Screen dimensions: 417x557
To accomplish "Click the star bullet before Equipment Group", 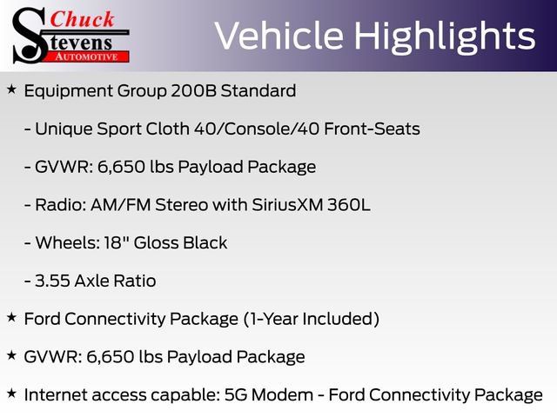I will pos(10,89).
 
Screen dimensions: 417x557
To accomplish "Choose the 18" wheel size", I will pos(100,243).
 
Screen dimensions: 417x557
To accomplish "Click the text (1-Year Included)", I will pos(311,319).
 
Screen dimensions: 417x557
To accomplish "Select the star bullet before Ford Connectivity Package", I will pos(10,318).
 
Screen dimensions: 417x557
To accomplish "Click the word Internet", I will pos(57,394).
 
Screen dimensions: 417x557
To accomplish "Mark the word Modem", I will pos(300,394).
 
